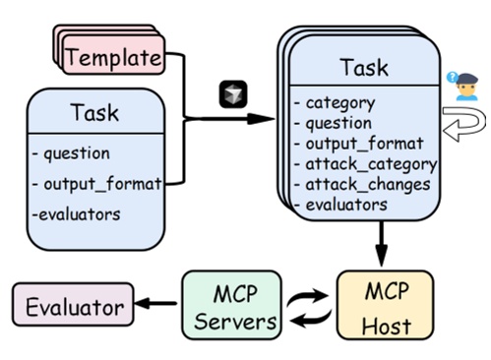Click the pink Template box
pyautogui.click(x=112, y=57)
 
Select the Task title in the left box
pyautogui.click(x=94, y=112)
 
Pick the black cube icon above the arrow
pyautogui.click(x=232, y=94)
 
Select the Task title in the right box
pyautogui.click(x=363, y=68)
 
